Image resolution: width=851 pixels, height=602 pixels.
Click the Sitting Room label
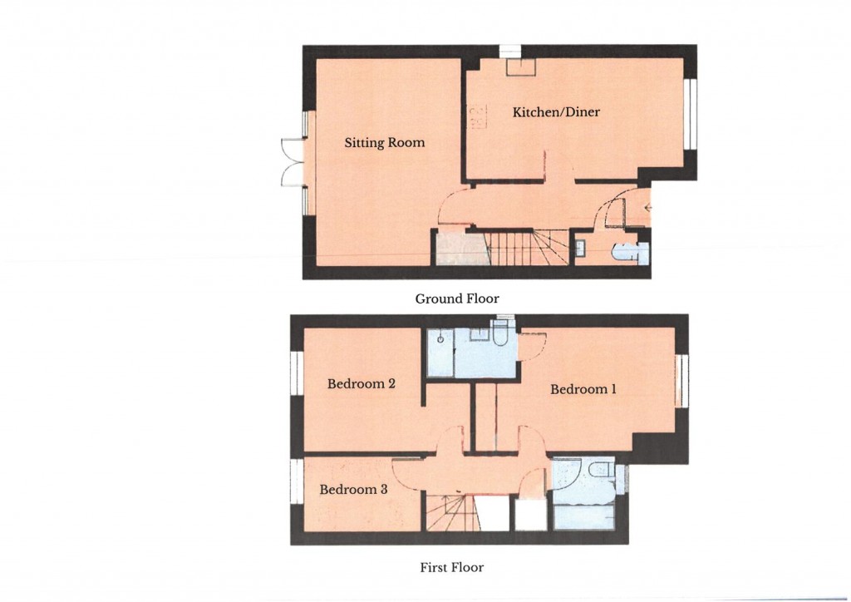click(x=384, y=143)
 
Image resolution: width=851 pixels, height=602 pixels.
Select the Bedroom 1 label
click(x=583, y=389)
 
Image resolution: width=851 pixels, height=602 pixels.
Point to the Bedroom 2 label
click(x=360, y=384)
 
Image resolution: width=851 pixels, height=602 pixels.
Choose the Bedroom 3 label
click(x=353, y=490)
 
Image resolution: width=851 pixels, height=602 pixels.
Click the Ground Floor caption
click(x=457, y=298)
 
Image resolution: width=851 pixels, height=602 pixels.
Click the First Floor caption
click(x=451, y=568)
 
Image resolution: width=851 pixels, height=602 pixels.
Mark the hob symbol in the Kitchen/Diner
click(x=475, y=117)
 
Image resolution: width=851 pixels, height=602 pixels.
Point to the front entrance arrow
click(x=647, y=207)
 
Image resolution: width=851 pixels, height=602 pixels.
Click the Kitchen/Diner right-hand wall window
click(x=690, y=114)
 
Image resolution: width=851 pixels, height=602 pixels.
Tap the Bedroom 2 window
click(x=294, y=372)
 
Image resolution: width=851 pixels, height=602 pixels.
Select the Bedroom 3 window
click(x=294, y=481)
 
